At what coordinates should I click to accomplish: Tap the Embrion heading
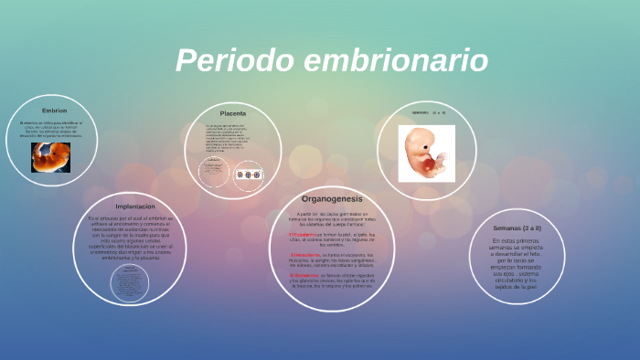tap(54, 111)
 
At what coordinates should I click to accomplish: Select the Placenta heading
tap(232, 113)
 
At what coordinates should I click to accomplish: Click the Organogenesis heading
tap(332, 198)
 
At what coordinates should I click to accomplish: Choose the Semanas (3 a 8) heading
tap(517, 228)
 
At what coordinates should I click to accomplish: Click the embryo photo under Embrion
tap(50, 157)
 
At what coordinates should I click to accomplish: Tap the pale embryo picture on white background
tap(426, 151)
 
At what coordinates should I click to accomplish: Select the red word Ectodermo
tap(303, 234)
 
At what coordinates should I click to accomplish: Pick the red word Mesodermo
tap(305, 254)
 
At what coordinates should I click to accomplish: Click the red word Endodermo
tap(304, 274)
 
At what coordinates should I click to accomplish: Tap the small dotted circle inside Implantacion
tap(129, 282)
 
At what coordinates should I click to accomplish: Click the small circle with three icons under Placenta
tap(249, 175)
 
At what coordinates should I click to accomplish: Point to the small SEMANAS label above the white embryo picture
tap(421, 112)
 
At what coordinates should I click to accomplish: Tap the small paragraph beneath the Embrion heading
tap(51, 129)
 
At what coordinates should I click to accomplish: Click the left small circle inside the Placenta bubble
tap(214, 173)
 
